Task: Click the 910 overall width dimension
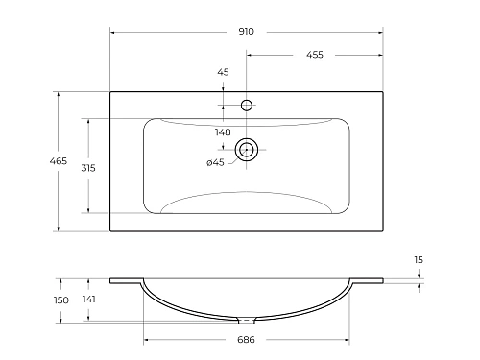click(x=246, y=32)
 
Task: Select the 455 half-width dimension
click(x=314, y=55)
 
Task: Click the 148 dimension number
click(x=223, y=132)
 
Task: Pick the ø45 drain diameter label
click(x=215, y=162)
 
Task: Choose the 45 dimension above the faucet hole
click(x=223, y=72)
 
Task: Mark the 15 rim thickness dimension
click(x=419, y=260)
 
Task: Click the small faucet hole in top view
click(x=246, y=105)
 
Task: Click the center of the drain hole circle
click(x=246, y=149)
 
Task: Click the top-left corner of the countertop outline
click(x=110, y=92)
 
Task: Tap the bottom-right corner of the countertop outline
click(x=382, y=231)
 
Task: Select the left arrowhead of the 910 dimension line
click(x=113, y=32)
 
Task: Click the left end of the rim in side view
click(x=110, y=280)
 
